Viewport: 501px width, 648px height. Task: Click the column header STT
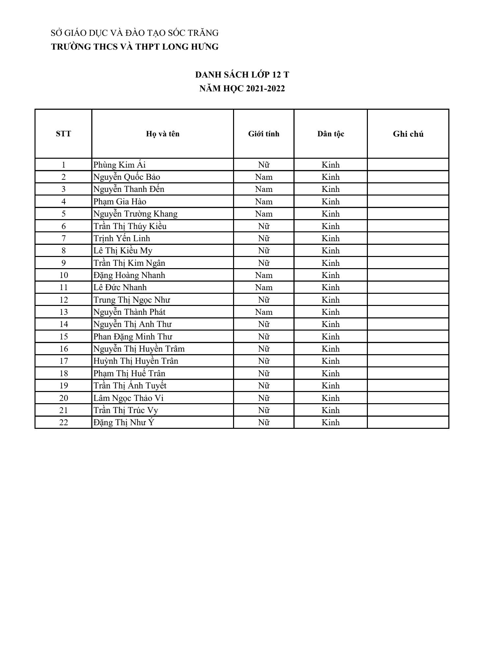point(63,134)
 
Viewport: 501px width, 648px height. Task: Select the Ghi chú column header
point(408,134)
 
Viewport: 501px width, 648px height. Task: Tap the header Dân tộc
point(330,134)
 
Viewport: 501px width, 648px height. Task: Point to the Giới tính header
point(264,134)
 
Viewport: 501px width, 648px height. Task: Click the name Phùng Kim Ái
point(119,165)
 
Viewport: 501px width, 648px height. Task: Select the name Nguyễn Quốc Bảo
point(127,177)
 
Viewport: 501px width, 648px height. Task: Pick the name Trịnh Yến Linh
point(122,239)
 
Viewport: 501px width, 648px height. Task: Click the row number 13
point(63,312)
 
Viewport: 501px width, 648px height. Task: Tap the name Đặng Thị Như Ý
point(124,423)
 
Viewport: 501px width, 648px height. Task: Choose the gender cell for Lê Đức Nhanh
point(264,288)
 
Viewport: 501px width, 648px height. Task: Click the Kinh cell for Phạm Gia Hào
point(330,202)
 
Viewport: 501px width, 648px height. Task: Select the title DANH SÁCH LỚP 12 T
point(242,75)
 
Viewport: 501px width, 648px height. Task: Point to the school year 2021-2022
point(266,89)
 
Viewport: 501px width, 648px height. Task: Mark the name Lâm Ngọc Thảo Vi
point(129,398)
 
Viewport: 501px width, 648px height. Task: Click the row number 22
point(63,423)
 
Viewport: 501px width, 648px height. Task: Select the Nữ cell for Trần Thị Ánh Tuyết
point(264,386)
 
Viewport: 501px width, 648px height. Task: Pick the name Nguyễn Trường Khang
point(135,214)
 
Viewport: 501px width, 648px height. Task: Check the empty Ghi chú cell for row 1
point(408,165)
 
